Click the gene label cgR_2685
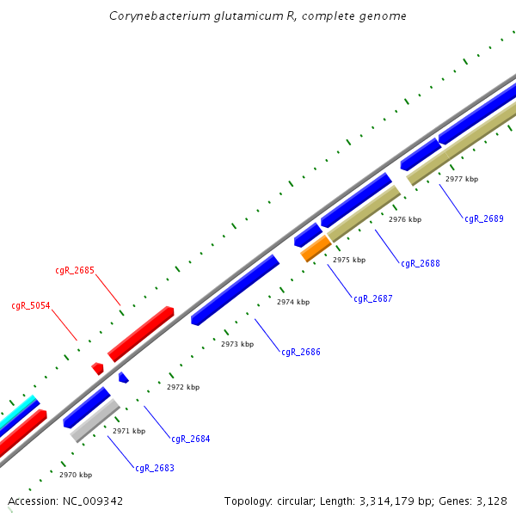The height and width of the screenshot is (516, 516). pos(74,270)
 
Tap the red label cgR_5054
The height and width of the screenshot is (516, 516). pos(31,305)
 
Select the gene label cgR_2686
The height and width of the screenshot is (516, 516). pos(301,352)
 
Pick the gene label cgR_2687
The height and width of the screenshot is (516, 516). pos(372,299)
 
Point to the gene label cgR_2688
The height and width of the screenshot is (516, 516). pos(421,263)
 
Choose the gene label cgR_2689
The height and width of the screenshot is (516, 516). pos(484,218)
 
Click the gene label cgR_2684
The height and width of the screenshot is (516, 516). pos(190,439)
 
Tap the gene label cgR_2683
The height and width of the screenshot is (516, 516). pos(154,469)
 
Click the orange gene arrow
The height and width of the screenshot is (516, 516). pos(316,249)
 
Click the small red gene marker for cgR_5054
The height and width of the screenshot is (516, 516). pos(98,368)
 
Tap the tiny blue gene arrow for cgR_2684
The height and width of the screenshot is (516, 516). pos(123,378)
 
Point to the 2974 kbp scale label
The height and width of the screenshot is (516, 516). pos(293,302)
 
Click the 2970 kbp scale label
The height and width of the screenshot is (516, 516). pos(76,475)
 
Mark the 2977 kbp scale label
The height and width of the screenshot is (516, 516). pos(462,179)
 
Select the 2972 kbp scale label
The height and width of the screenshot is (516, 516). pos(183,387)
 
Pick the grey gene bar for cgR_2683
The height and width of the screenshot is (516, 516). pos(94,421)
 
